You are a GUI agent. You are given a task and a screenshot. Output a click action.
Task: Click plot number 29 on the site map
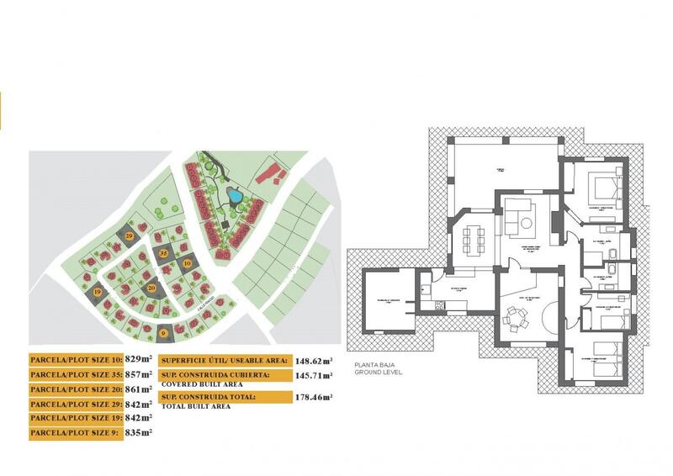click(130, 237)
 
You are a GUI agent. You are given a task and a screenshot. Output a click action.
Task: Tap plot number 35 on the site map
click(164, 253)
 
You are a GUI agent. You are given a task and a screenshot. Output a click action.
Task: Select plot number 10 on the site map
click(186, 263)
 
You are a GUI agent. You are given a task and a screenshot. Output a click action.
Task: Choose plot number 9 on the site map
click(163, 334)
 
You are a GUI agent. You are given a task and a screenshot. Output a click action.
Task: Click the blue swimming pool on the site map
click(236, 198)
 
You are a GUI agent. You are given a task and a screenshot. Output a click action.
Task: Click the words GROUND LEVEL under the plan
click(379, 371)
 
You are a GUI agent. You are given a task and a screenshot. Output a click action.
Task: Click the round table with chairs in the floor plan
click(516, 319)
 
